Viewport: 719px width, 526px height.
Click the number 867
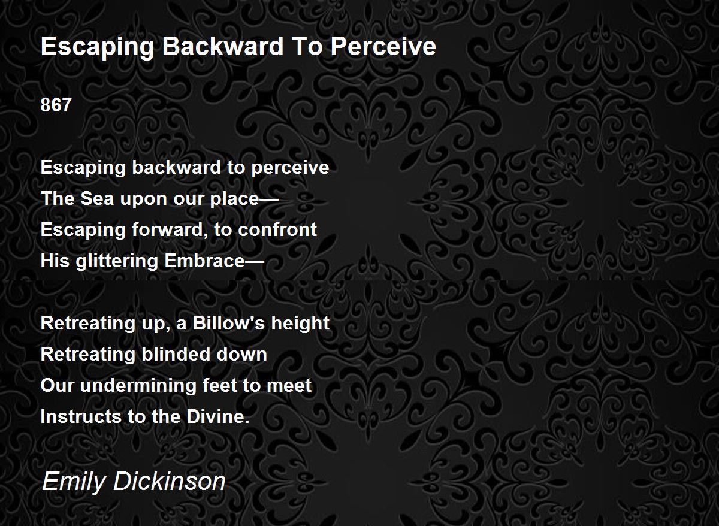56,105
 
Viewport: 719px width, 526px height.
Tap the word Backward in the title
201,47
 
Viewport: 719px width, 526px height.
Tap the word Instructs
81,416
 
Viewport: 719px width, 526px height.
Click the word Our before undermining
58,385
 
